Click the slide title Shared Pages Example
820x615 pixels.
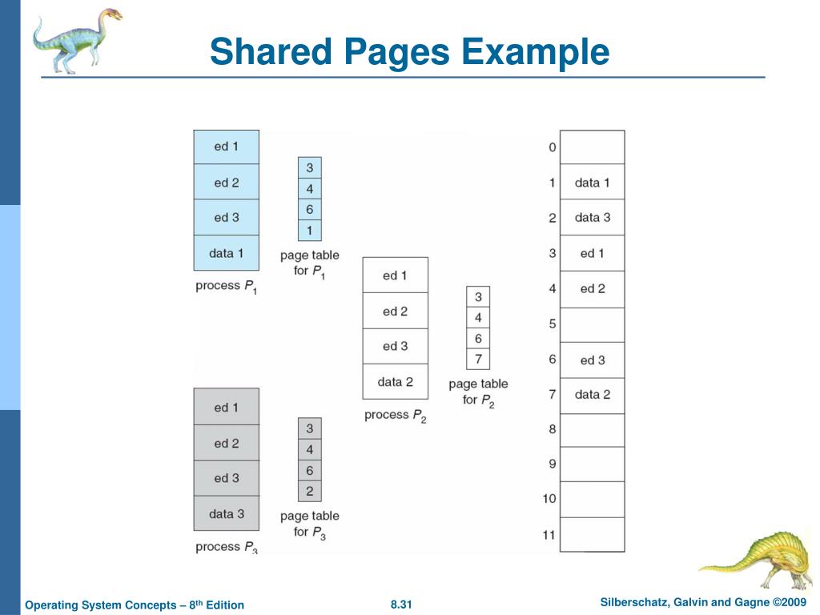(x=409, y=52)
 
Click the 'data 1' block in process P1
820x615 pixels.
(x=226, y=253)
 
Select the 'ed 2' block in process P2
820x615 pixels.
(x=395, y=311)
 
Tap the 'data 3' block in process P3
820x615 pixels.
(x=226, y=513)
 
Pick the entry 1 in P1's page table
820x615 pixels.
(x=309, y=231)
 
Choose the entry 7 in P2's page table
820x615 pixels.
(x=478, y=359)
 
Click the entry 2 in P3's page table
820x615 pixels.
(x=309, y=491)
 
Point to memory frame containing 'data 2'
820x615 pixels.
(x=592, y=394)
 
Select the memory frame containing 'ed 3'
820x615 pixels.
(x=592, y=360)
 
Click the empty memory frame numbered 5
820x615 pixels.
(x=592, y=325)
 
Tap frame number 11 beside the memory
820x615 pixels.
(x=549, y=534)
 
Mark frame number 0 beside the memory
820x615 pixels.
(x=552, y=147)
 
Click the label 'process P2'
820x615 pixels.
(x=395, y=415)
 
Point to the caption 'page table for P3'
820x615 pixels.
(x=309, y=524)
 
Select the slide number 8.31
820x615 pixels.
(x=400, y=604)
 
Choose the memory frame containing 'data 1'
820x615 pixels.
(x=592, y=183)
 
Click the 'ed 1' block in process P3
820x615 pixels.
(x=226, y=408)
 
